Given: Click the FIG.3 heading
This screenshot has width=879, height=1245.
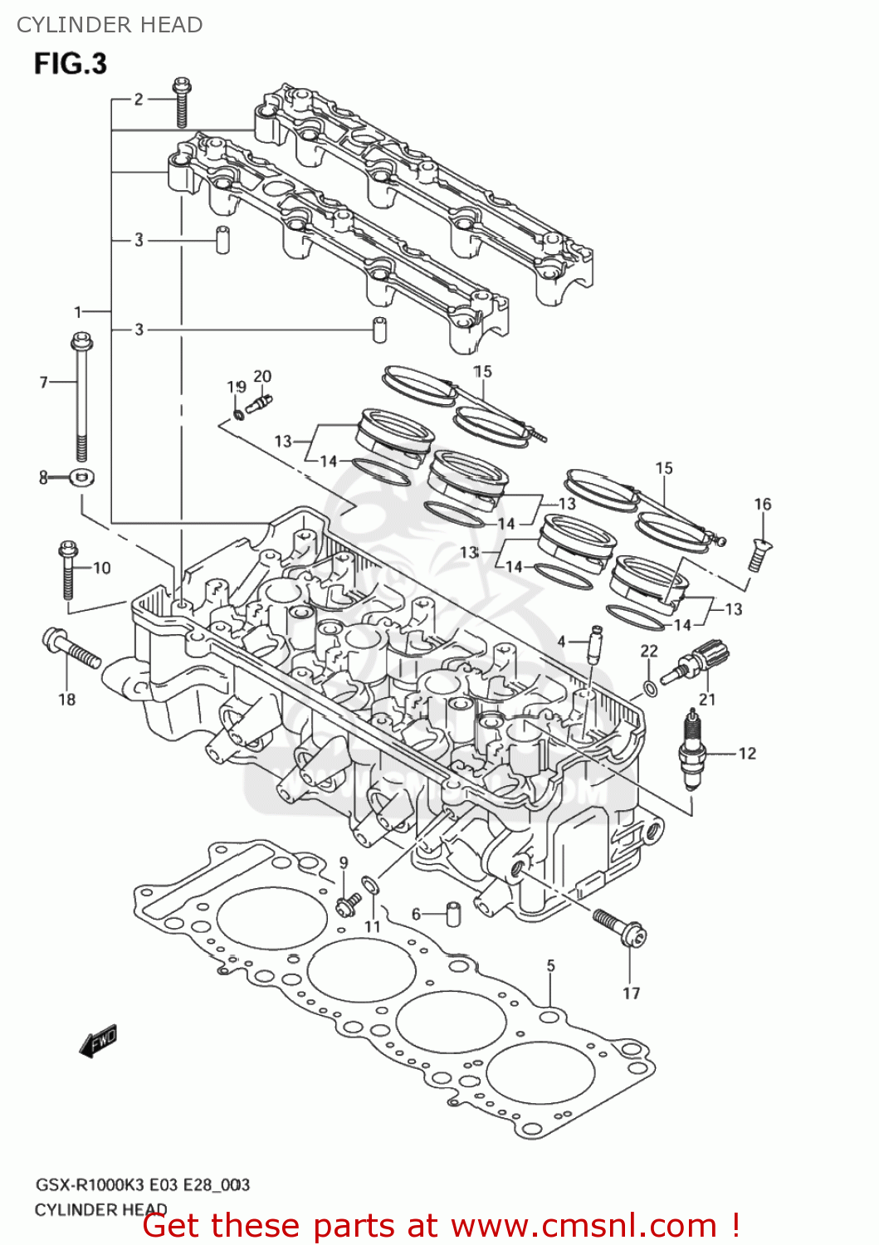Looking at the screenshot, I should [71, 64].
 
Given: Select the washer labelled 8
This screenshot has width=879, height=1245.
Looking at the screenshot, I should [82, 477].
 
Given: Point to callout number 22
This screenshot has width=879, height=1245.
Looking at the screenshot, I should [649, 652].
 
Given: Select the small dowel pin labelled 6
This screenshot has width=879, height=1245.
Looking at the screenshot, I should [453, 913].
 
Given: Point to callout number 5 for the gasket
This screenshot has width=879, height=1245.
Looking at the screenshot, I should [551, 966].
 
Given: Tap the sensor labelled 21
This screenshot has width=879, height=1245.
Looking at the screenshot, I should [704, 662].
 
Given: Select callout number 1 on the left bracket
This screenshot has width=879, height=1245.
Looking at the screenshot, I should [77, 312].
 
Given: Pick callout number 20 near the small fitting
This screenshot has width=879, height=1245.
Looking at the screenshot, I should [262, 376].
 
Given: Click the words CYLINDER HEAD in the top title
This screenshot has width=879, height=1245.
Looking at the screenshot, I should [110, 25].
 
